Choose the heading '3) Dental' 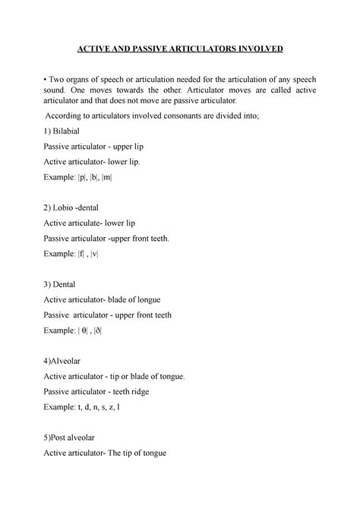point(65,283)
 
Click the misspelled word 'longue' point(163,299)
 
